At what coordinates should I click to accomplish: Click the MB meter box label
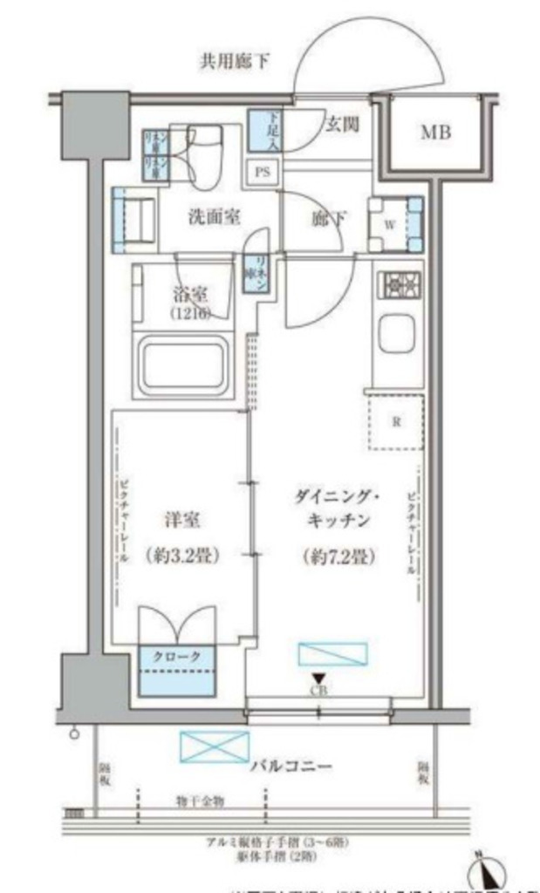436,133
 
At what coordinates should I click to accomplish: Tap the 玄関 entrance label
343,125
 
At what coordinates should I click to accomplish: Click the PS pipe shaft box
262,171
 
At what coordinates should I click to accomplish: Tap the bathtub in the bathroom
182,364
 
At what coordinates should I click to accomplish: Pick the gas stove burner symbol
398,285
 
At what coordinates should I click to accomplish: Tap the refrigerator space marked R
396,422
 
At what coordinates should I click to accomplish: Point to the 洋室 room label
183,521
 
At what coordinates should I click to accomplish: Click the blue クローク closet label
177,656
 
